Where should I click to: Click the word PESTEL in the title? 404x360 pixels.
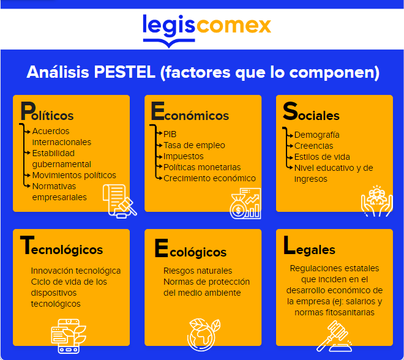[125, 72]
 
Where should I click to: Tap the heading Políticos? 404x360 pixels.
[47, 111]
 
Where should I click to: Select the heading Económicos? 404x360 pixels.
[190, 111]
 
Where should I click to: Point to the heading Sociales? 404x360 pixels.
[311, 111]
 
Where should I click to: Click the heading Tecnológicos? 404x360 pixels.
[61, 246]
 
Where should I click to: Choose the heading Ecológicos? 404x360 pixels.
[190, 249]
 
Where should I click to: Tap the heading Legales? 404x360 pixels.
[309, 246]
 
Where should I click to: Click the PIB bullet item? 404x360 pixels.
[170, 134]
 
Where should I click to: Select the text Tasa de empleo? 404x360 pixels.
[194, 145]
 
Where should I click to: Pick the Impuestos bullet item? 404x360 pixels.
[184, 156]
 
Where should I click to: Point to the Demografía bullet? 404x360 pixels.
[316, 135]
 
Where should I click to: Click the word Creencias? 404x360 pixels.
[313, 146]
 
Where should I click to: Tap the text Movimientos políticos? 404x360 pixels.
[74, 175]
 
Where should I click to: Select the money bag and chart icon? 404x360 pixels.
[245, 203]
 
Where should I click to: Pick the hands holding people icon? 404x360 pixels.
[377, 201]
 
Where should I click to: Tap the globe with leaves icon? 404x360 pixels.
[204, 335]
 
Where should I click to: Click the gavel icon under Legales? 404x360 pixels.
[334, 336]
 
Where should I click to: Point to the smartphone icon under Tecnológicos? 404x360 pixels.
[69, 336]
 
